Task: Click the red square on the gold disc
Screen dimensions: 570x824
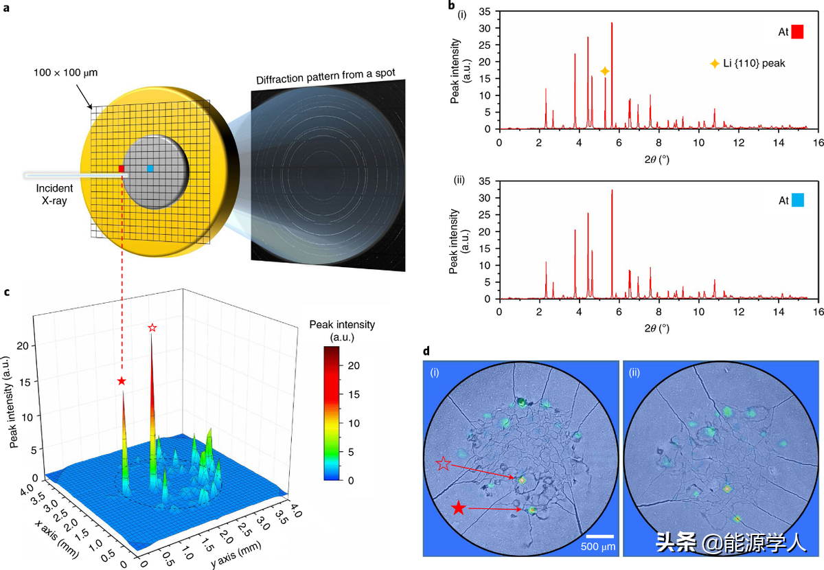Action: tap(122, 168)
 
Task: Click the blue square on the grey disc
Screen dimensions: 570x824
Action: tap(150, 168)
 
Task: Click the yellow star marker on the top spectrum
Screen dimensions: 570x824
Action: tap(604, 71)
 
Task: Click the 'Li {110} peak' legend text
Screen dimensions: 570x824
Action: tap(753, 63)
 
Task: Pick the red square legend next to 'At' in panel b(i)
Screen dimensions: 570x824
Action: tap(797, 32)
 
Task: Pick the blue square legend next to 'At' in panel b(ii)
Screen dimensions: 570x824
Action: tap(797, 201)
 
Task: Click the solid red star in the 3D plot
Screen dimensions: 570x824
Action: tap(122, 380)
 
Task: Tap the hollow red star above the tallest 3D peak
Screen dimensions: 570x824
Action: tap(152, 328)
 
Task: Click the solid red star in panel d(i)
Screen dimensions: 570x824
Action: tap(459, 508)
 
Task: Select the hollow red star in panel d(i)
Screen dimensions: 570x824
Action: tap(444, 465)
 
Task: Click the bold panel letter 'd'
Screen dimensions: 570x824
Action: tap(427, 351)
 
